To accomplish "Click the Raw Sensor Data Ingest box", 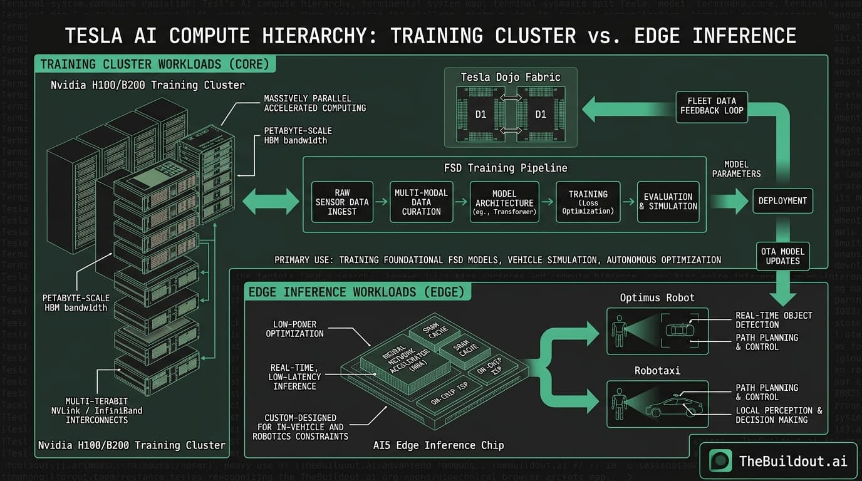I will point(342,202).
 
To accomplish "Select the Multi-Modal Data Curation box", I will point(421,202).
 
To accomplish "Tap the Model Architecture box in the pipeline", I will point(504,202).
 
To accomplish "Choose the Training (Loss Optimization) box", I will point(588,202).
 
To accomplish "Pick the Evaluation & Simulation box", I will point(668,202).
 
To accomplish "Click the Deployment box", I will point(782,201).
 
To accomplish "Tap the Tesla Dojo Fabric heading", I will point(510,77).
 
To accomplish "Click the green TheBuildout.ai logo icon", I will point(720,461).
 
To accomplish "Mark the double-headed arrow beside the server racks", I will point(271,202).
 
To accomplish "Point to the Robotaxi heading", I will point(657,370).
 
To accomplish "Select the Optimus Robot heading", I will point(657,297).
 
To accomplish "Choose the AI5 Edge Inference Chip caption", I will point(437,445).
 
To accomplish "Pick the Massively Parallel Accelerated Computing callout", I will point(314,103).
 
